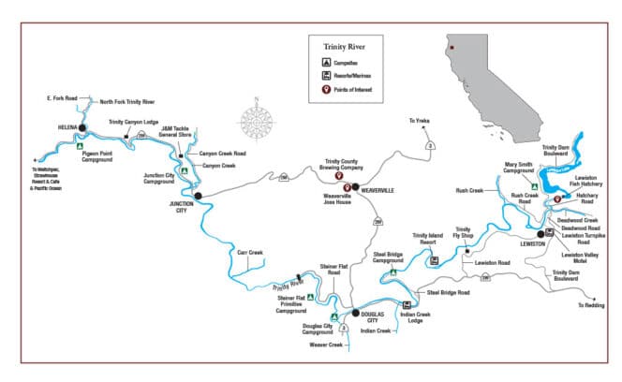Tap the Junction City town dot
(197, 197)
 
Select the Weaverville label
(376, 188)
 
